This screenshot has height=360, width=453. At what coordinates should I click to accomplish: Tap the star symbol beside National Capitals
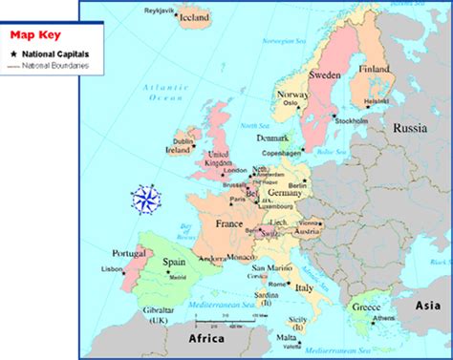tap(14, 54)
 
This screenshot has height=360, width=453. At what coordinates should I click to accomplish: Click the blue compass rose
tap(149, 200)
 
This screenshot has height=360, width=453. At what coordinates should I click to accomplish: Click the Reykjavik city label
tap(159, 11)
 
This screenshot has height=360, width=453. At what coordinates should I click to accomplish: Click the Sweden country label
tap(324, 74)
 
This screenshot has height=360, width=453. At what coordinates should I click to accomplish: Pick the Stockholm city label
tap(353, 122)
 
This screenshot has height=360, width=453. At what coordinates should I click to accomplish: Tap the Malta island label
tap(287, 337)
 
